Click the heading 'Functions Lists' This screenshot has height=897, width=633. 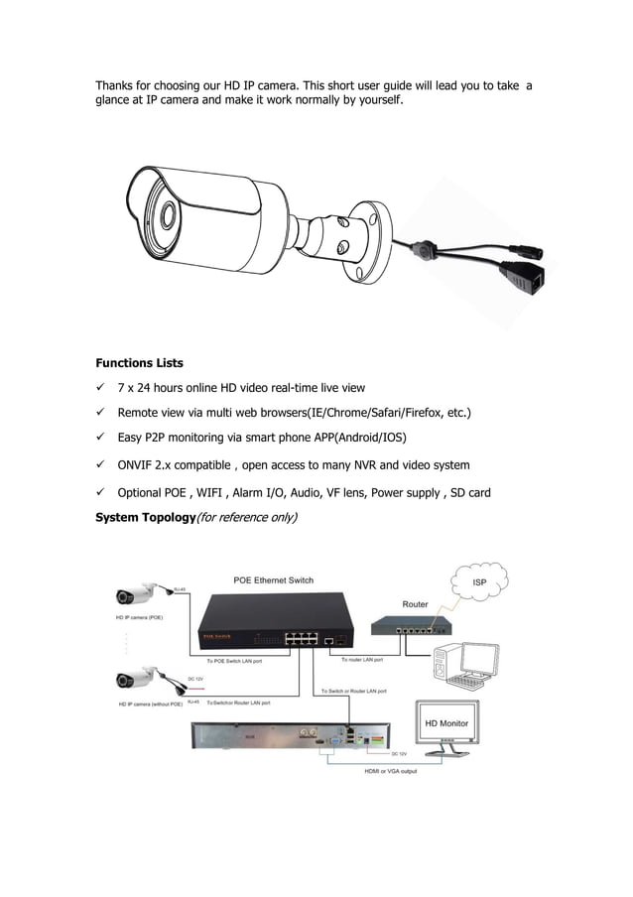click(x=139, y=363)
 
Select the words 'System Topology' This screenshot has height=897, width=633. click(x=144, y=517)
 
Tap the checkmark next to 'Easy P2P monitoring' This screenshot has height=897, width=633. click(x=100, y=438)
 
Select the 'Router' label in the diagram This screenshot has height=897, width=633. click(x=415, y=604)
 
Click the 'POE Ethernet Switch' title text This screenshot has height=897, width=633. click(x=273, y=580)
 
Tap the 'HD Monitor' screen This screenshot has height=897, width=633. click(x=445, y=724)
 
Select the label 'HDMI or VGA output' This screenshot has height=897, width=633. click(x=390, y=771)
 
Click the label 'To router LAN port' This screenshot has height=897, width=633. click(x=363, y=659)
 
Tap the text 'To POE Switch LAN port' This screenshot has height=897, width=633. click(x=234, y=660)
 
